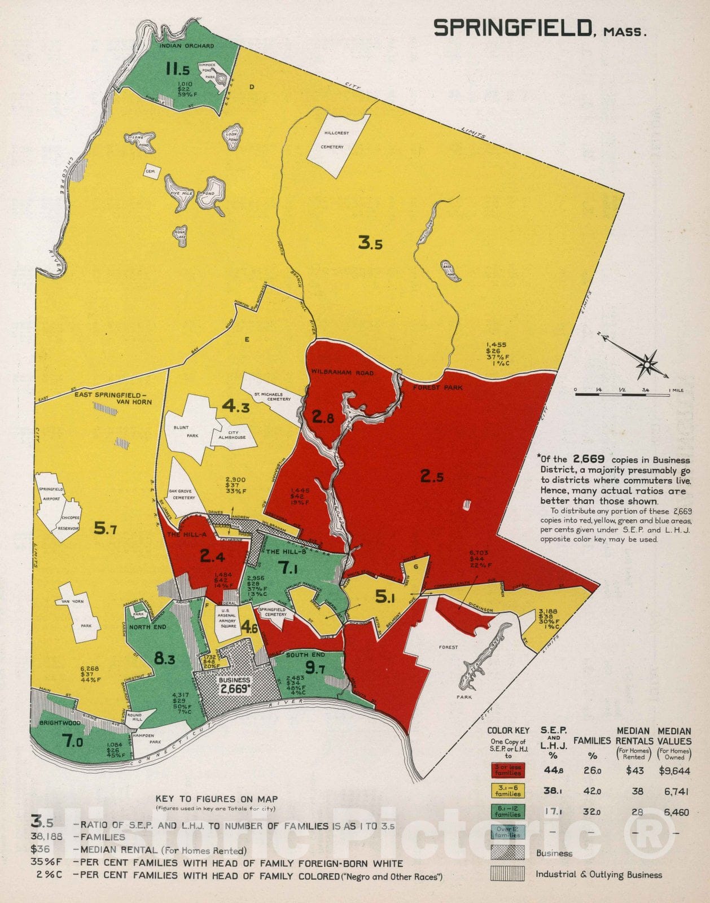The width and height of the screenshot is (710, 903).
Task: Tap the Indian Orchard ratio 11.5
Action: pyautogui.click(x=177, y=69)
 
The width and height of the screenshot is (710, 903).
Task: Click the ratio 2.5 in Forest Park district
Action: pyautogui.click(x=432, y=477)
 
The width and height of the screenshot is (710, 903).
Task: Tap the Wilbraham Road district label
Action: pyautogui.click(x=342, y=372)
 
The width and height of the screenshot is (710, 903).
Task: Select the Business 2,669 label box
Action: pyautogui.click(x=234, y=685)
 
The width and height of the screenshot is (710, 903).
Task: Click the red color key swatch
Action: pyautogui.click(x=508, y=770)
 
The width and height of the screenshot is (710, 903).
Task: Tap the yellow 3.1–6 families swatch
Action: pyautogui.click(x=508, y=791)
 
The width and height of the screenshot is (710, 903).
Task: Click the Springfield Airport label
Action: pyautogui.click(x=51, y=494)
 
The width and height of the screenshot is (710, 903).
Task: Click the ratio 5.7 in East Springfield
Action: pyautogui.click(x=105, y=529)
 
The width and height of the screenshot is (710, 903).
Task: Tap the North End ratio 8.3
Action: pyautogui.click(x=164, y=659)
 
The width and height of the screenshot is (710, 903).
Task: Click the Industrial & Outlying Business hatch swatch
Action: pyautogui.click(x=508, y=874)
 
